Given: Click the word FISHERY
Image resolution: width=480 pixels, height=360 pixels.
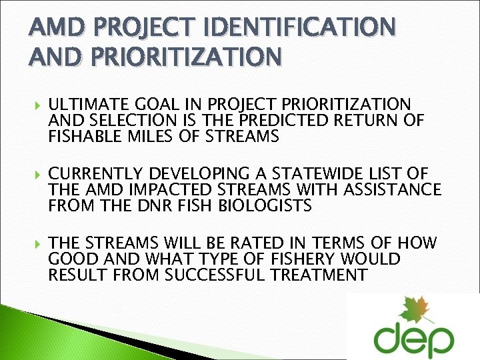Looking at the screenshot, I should [x=285, y=259].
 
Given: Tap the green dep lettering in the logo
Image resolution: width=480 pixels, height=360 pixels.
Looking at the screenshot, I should [x=413, y=340].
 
